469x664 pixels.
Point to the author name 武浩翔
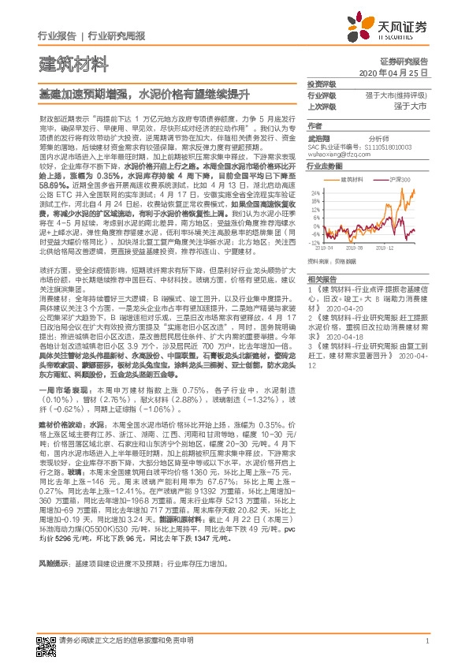[319, 136]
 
